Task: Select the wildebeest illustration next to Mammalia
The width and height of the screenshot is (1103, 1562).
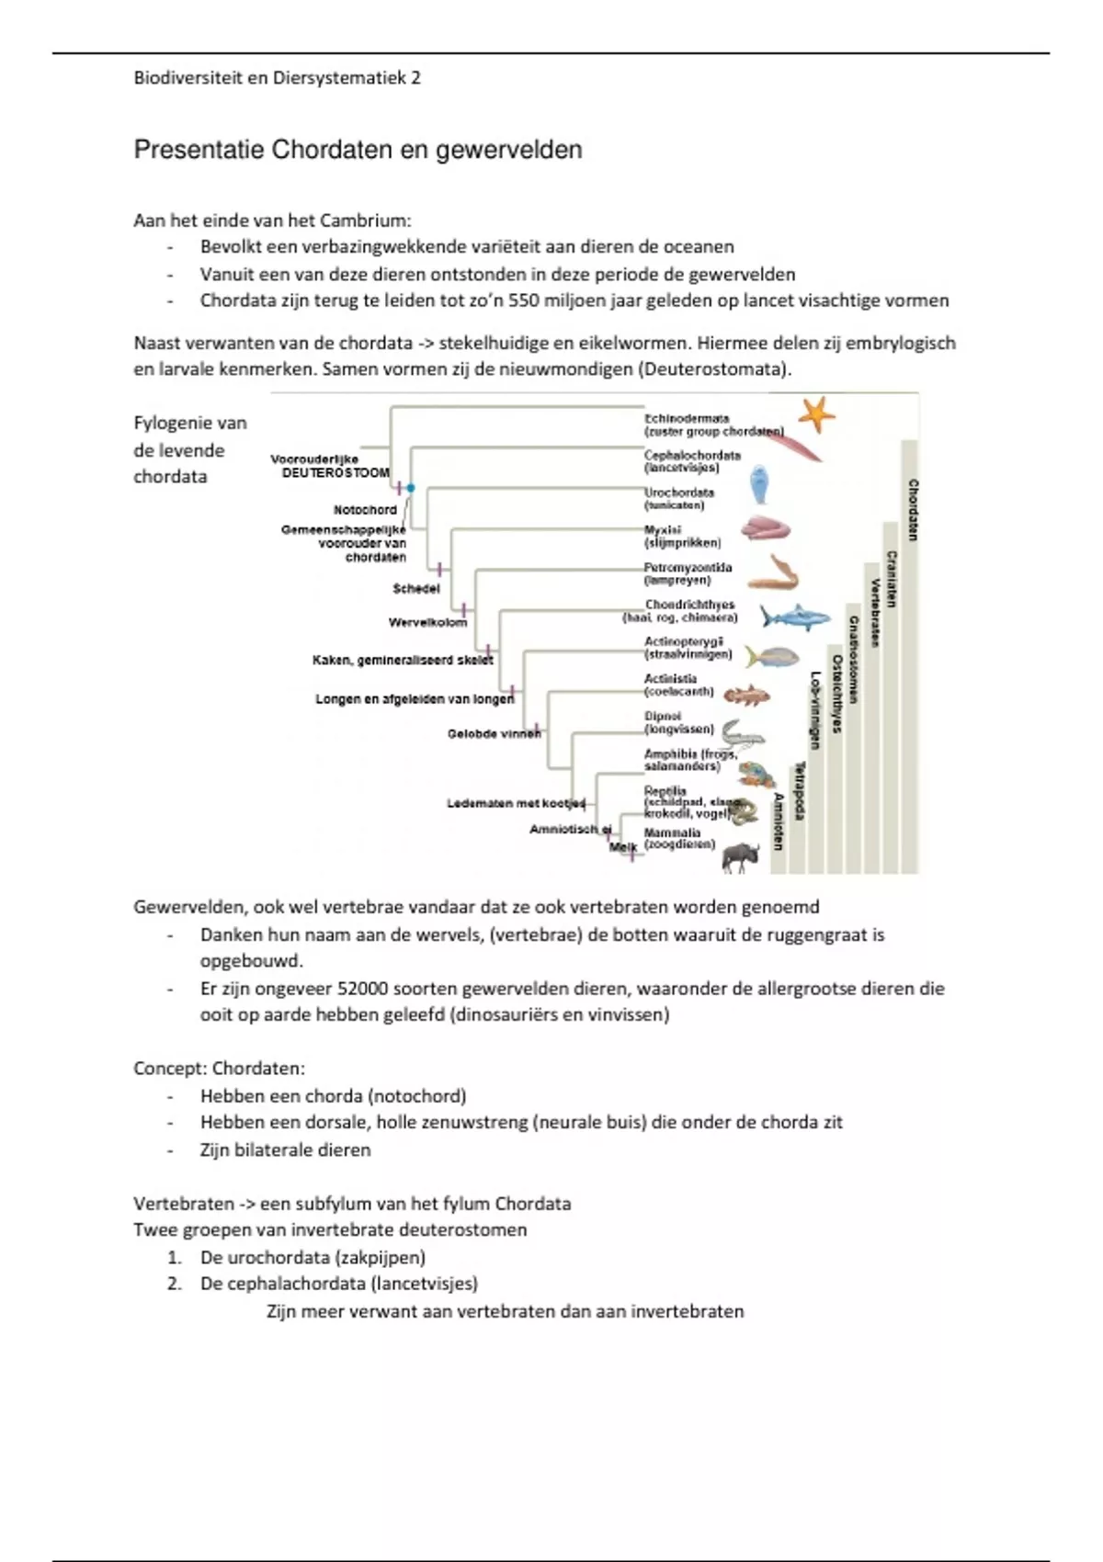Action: [741, 856]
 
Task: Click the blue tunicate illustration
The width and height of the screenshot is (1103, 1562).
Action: [759, 484]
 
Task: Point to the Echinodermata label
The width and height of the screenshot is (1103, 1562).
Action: [687, 418]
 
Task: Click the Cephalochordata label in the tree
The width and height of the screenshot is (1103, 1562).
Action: [692, 455]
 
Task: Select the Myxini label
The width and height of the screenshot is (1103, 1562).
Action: [663, 530]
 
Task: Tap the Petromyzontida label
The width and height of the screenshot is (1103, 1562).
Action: [688, 568]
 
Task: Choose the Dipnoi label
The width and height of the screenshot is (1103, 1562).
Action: [663, 717]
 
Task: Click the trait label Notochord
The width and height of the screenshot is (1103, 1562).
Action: [365, 510]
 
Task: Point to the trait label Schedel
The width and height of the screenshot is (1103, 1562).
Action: [416, 589]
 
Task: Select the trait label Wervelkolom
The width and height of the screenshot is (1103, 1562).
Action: [427, 623]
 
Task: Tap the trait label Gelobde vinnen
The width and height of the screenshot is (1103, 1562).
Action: [494, 734]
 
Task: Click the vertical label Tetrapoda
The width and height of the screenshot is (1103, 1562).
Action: [800, 790]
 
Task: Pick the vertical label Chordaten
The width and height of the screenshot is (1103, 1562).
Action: [913, 509]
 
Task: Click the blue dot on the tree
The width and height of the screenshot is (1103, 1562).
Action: [411, 488]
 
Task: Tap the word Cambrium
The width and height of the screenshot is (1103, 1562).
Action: [368, 221]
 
